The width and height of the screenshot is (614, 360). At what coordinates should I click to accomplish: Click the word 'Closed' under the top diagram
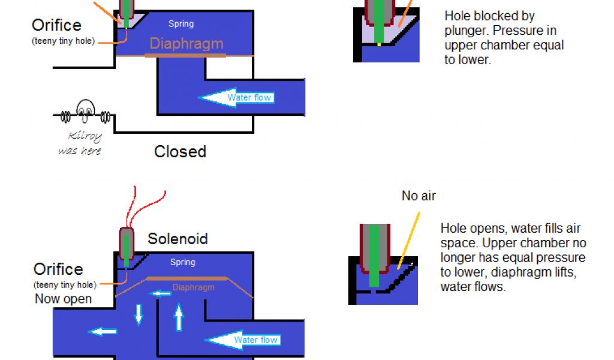pos(180,151)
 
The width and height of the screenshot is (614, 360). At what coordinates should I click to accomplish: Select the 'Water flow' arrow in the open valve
pos(242,340)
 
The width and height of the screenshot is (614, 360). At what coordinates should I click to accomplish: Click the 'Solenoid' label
pos(177,239)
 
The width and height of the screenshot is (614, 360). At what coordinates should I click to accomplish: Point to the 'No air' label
pos(419,196)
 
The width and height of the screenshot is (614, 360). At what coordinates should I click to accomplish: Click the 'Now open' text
pos(63,299)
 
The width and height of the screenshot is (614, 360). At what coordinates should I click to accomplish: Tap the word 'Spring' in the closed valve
pos(180,24)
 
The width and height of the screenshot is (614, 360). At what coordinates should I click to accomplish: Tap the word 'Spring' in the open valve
pos(182,262)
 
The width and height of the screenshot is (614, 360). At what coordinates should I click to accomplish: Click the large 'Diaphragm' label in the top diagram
pos(186,44)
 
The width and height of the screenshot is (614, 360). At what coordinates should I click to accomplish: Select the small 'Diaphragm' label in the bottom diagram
pos(193,287)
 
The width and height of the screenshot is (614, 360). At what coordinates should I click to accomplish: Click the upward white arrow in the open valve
pos(178,317)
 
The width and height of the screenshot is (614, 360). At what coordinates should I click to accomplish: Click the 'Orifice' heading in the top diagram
pos(57,26)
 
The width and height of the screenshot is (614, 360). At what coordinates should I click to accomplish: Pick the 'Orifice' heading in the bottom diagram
pos(58,269)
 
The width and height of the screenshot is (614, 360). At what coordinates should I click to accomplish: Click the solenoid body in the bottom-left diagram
pos(127,243)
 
